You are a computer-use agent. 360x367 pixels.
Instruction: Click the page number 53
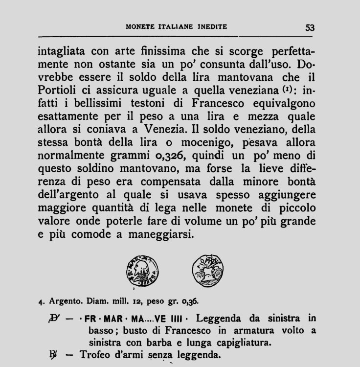click(310, 27)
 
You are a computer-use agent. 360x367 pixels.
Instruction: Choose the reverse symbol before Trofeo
click(55, 355)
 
